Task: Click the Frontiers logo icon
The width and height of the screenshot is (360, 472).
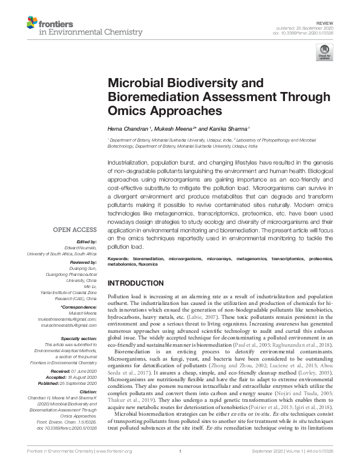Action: click(31, 24)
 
